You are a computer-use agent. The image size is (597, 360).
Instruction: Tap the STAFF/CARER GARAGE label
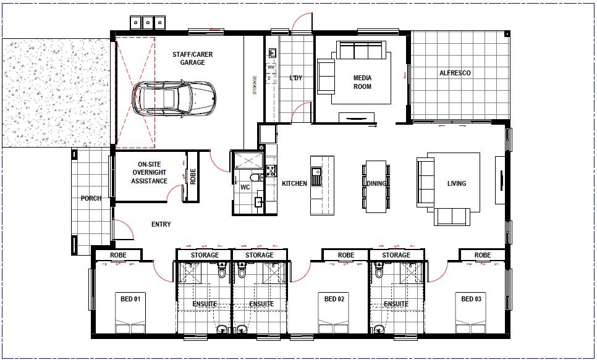[x=192, y=59]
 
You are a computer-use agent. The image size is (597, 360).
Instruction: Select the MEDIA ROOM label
[x=362, y=82]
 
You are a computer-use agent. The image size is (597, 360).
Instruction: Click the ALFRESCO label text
[x=455, y=73]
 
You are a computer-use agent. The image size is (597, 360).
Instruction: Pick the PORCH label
[x=91, y=199]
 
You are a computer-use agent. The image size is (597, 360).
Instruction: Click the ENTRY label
[x=161, y=224]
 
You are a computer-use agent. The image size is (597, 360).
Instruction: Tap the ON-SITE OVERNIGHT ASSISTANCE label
[x=149, y=173]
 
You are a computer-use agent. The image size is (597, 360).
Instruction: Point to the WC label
[x=245, y=186]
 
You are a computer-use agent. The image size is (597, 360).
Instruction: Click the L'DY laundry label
[x=296, y=78]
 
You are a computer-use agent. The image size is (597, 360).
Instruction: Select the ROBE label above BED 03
[x=483, y=255]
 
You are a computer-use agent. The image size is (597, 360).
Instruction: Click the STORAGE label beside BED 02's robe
[x=396, y=255]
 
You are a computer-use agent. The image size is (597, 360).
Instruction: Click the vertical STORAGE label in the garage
[x=255, y=85]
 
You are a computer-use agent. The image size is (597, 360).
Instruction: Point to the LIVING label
[x=457, y=183]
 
